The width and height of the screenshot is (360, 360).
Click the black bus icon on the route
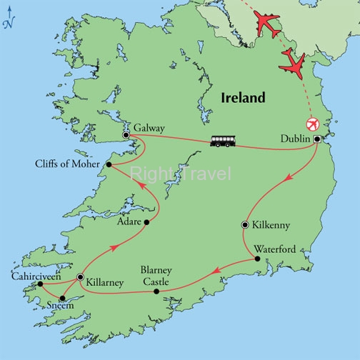(x=221, y=141)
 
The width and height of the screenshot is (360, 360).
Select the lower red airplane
(x=294, y=64)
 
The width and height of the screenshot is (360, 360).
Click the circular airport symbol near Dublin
(x=311, y=123)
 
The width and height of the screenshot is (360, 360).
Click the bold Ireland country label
(x=242, y=97)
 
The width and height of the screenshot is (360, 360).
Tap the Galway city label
(x=149, y=129)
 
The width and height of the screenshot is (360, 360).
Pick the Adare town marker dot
(x=146, y=222)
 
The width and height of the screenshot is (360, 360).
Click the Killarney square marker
(x=80, y=277)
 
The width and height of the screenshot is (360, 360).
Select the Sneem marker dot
(x=63, y=299)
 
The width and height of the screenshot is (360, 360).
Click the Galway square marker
(x=126, y=135)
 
